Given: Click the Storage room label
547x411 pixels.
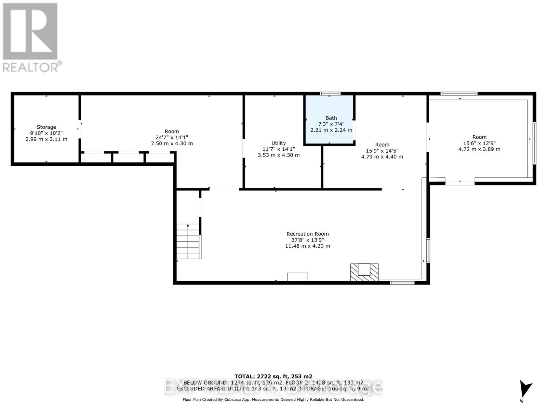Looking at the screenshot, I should click(x=46, y=127).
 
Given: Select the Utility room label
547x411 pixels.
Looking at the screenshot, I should click(x=279, y=143).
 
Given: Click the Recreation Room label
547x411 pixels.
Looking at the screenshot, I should click(x=307, y=234).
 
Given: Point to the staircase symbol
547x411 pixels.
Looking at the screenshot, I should click(x=188, y=241).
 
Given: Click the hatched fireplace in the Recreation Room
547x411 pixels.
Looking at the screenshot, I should click(x=364, y=272).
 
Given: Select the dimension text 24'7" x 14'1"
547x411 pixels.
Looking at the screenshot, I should click(x=172, y=137).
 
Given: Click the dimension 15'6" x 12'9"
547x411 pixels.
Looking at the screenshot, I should click(x=479, y=143).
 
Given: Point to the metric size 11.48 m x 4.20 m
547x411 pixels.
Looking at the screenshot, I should click(x=307, y=246).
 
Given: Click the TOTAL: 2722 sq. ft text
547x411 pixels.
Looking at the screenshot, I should click(x=273, y=376).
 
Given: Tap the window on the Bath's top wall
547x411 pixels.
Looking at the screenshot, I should click(x=330, y=94).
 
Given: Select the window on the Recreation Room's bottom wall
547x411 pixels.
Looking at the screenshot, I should click(x=402, y=283).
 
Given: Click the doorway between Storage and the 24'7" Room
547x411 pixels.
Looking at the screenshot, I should click(x=80, y=129).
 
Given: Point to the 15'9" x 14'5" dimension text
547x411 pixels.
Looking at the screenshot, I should click(x=382, y=151).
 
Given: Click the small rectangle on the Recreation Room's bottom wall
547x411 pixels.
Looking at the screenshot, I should click(x=297, y=277).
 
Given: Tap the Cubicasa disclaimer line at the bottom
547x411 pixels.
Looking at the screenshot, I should click(x=273, y=399).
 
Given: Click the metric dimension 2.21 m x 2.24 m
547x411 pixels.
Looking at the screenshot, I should click(x=331, y=130).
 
